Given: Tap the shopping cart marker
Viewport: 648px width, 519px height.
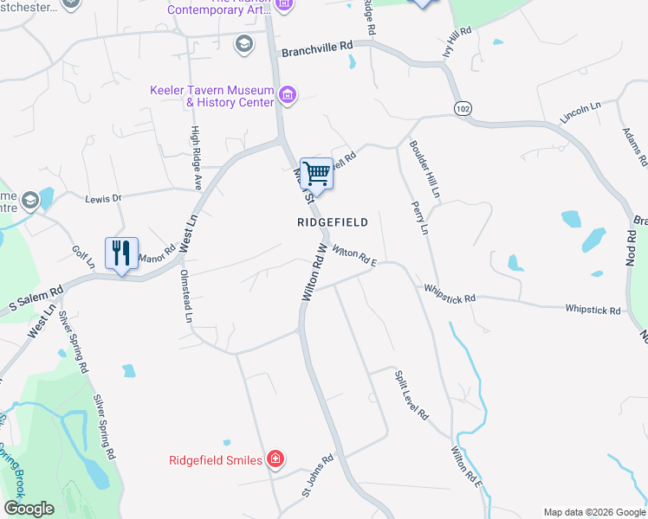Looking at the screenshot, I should pyautogui.click(x=316, y=174).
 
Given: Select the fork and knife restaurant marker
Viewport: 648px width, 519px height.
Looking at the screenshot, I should pyautogui.click(x=121, y=253).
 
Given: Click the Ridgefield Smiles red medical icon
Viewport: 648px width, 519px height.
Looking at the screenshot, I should pyautogui.click(x=275, y=459).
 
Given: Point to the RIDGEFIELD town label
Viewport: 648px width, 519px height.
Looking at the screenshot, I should pyautogui.click(x=333, y=222).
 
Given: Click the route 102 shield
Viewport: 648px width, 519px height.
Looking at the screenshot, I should pyautogui.click(x=462, y=106).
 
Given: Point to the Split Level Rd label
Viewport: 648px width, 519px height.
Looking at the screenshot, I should pyautogui.click(x=411, y=395).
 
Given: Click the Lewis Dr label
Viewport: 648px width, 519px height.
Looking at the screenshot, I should pyautogui.click(x=103, y=199).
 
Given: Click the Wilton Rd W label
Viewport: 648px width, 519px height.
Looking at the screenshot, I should pyautogui.click(x=314, y=272).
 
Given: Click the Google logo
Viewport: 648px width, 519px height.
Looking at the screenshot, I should pyautogui.click(x=29, y=509).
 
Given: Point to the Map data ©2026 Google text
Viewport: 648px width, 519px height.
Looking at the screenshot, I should pyautogui.click(x=593, y=511).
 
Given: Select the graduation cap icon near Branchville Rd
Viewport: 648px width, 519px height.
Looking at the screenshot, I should pyautogui.click(x=244, y=43).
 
